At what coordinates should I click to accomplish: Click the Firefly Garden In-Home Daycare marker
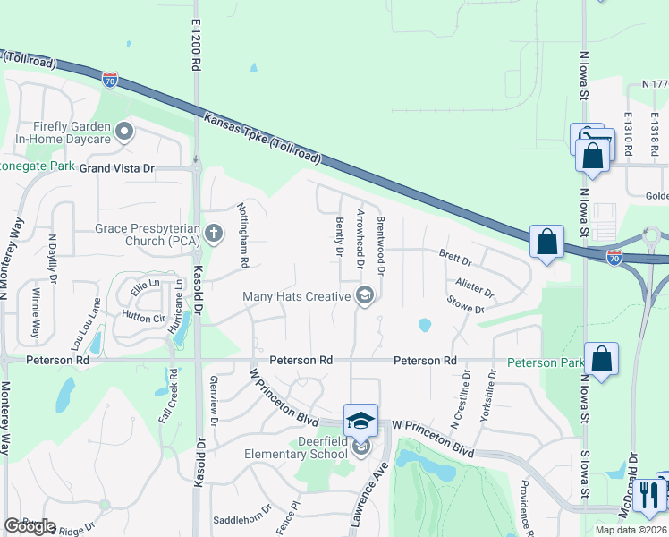[124, 133]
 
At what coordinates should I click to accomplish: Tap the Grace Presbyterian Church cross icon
[213, 234]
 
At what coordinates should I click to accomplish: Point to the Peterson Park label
[544, 362]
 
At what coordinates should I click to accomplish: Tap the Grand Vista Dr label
[117, 168]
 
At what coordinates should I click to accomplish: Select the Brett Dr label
[455, 259]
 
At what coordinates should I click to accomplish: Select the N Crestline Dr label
[466, 395]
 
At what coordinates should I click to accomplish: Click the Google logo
[30, 526]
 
